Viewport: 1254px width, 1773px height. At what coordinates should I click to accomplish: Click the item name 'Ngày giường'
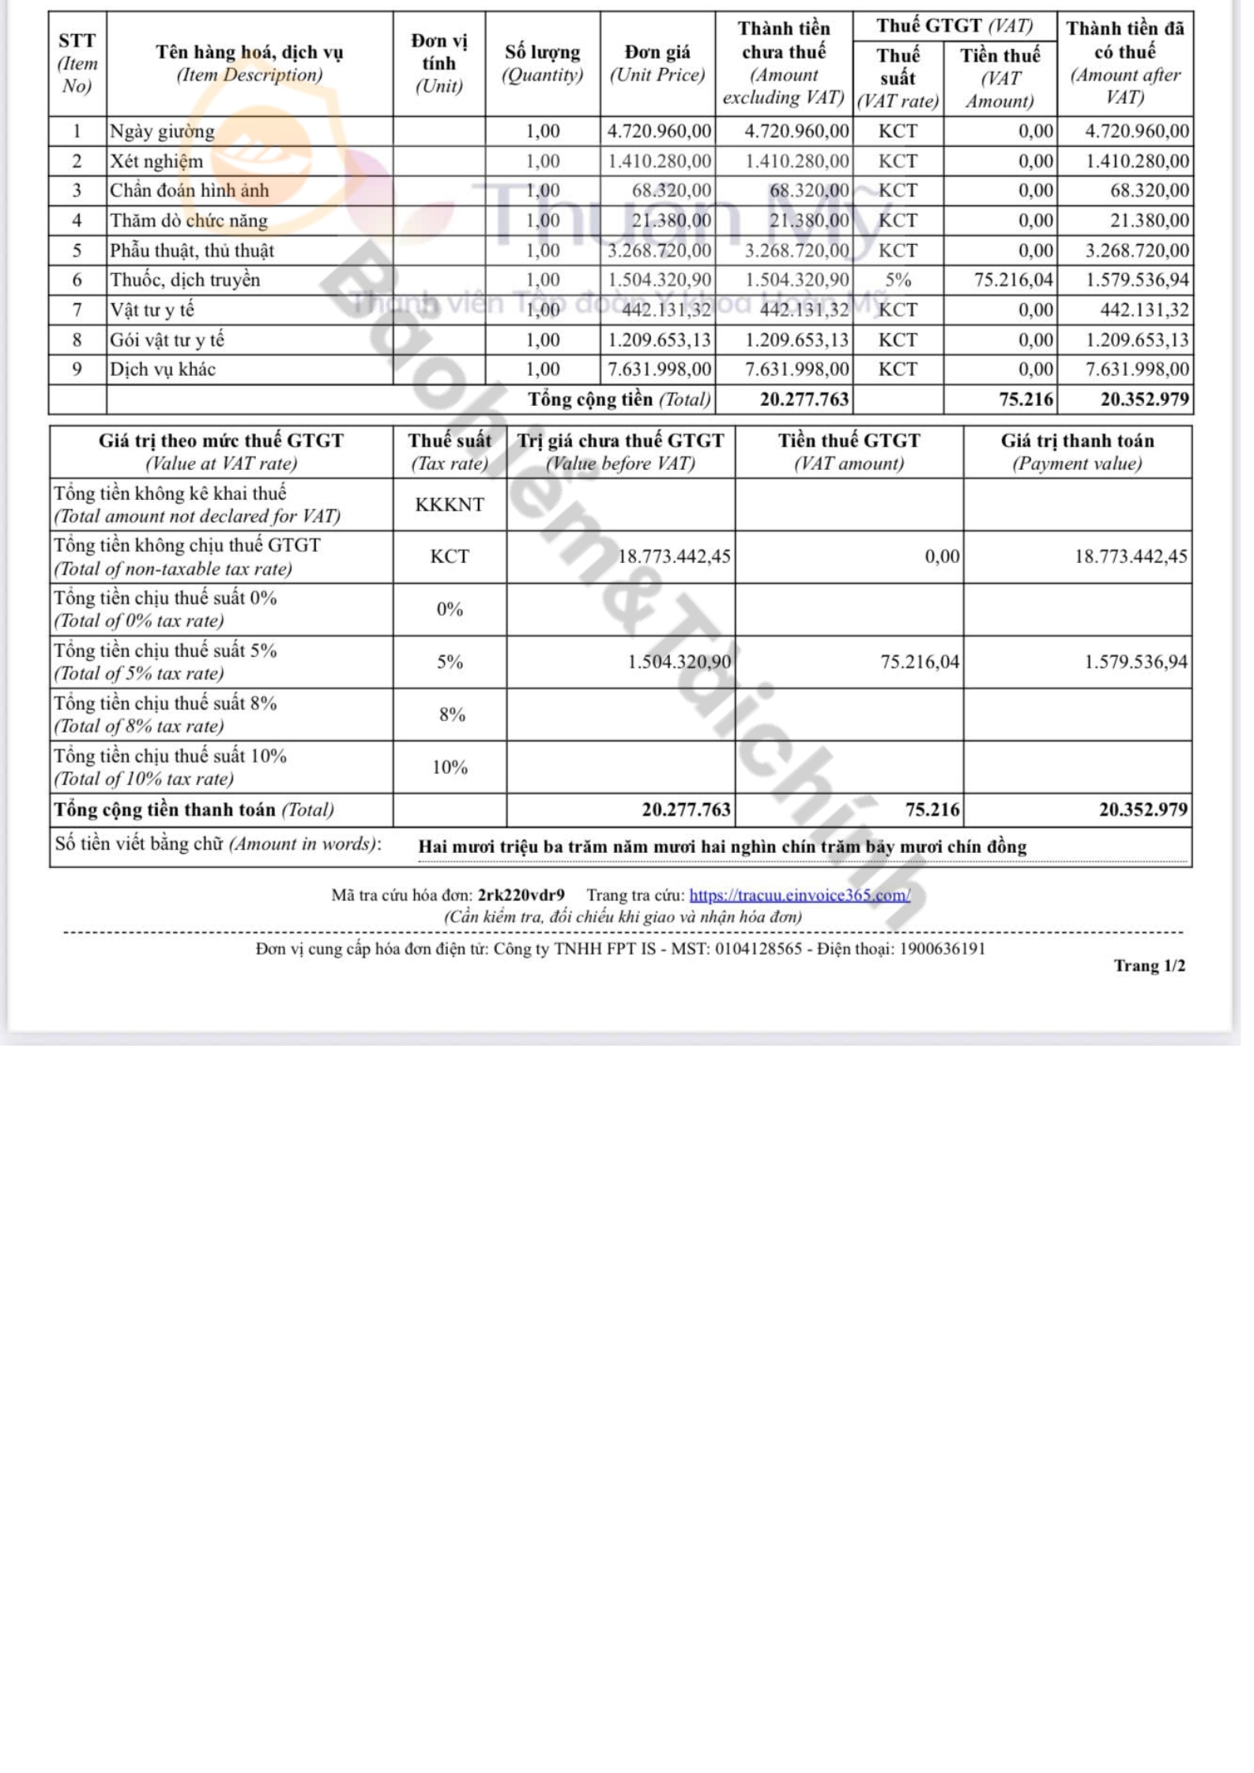[162, 131]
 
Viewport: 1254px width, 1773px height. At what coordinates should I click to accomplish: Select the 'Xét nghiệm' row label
[156, 161]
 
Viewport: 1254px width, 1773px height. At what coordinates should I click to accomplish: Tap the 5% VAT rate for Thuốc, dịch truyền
[898, 280]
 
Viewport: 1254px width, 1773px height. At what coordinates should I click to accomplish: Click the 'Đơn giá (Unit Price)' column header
[657, 63]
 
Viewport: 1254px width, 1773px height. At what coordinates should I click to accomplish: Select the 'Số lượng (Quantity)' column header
[542, 63]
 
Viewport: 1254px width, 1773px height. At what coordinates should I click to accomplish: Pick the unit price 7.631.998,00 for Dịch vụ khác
[659, 369]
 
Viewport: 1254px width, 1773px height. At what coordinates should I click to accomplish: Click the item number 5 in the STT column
[77, 250]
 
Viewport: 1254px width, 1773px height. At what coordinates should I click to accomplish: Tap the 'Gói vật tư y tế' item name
[167, 340]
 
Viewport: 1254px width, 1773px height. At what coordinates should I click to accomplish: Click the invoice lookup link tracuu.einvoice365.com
[799, 895]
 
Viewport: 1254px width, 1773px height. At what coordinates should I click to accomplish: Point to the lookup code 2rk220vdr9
[521, 895]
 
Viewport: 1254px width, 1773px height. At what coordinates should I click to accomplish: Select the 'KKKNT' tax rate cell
[450, 504]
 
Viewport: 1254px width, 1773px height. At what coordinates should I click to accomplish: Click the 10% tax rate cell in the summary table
[450, 767]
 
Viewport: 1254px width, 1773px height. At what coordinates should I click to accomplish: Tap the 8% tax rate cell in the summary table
[451, 715]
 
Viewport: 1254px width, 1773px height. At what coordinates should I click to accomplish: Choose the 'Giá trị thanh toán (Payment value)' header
[1077, 451]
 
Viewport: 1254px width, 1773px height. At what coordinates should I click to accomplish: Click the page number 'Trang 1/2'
[1149, 965]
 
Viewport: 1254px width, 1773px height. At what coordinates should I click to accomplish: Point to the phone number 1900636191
[942, 948]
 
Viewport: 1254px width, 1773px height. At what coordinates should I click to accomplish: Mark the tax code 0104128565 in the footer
[759, 948]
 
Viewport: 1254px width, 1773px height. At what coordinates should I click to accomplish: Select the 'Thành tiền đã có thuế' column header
[1124, 63]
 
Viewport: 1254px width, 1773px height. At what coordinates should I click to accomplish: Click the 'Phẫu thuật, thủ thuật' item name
[192, 250]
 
